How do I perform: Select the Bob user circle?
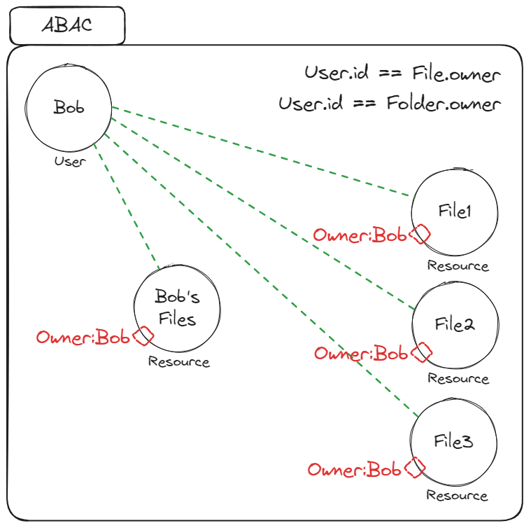coord(68,108)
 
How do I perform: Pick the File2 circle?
coord(455,325)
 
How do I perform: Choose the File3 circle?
coord(454,442)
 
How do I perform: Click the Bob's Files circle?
coord(177,307)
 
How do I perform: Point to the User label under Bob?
coord(70,162)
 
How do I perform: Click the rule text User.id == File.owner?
coord(402,74)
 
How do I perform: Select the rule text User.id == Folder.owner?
coord(390,104)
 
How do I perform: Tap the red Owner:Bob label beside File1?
coord(360,236)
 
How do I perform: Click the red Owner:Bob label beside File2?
coord(361,354)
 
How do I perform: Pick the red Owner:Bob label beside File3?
coord(355,470)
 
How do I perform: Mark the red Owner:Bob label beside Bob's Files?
coord(83,338)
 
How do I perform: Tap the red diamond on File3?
coord(416,468)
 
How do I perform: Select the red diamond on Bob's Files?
coord(143,336)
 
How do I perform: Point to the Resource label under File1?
coord(458,266)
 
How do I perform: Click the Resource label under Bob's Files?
coord(178,362)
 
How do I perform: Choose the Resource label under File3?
coord(457,496)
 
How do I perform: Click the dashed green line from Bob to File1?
coord(262,151)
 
